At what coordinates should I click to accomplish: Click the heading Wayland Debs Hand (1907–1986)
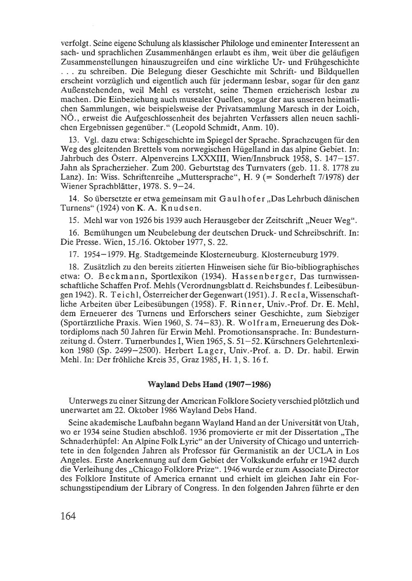209,385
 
